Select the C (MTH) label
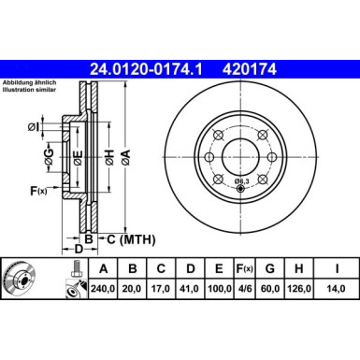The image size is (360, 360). pyautogui.click(x=125, y=238)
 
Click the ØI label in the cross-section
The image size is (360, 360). pyautogui.click(x=32, y=125)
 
